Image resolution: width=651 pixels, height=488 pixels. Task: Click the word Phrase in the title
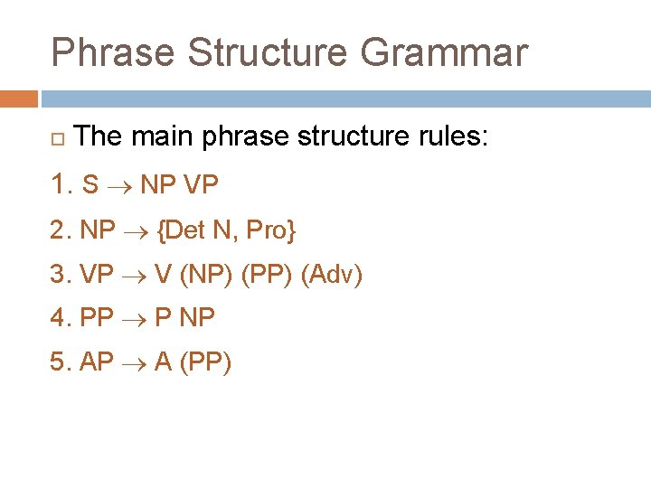pyautogui.click(x=112, y=52)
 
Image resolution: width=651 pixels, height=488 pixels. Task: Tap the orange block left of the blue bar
pyautogui.click(x=19, y=98)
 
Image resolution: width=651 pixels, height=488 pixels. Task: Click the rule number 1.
pyautogui.click(x=60, y=184)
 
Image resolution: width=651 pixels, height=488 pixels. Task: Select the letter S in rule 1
pyautogui.click(x=90, y=185)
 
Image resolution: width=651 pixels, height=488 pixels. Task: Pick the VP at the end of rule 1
pyautogui.click(x=200, y=185)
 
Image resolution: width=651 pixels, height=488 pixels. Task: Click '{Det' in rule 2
pyautogui.click(x=181, y=230)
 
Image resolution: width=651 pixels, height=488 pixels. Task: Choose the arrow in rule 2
pyautogui.click(x=136, y=231)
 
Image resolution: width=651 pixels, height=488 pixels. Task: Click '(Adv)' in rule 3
pyautogui.click(x=331, y=275)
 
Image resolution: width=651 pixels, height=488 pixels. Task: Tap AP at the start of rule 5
pyautogui.click(x=97, y=363)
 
